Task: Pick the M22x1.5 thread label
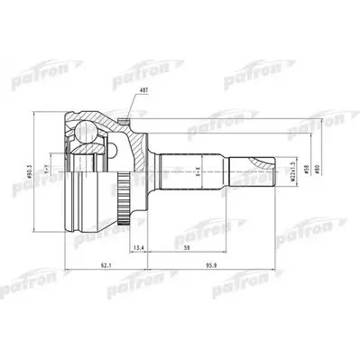click(x=293, y=169)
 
